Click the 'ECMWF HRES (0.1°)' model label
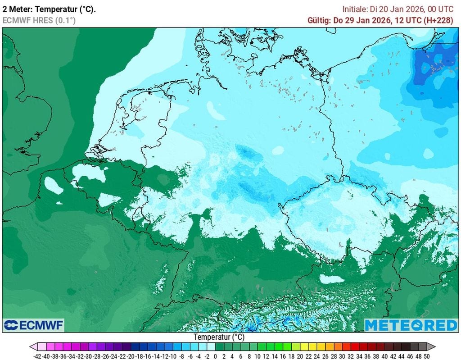39,20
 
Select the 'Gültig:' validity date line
380,20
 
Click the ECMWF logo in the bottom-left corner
34,325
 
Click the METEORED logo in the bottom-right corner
411,325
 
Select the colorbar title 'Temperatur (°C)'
219,337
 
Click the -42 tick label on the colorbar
38,355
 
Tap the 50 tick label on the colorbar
427,355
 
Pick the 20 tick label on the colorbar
300,355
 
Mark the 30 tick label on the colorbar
342,355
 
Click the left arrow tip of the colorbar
32,346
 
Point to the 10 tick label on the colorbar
258,355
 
